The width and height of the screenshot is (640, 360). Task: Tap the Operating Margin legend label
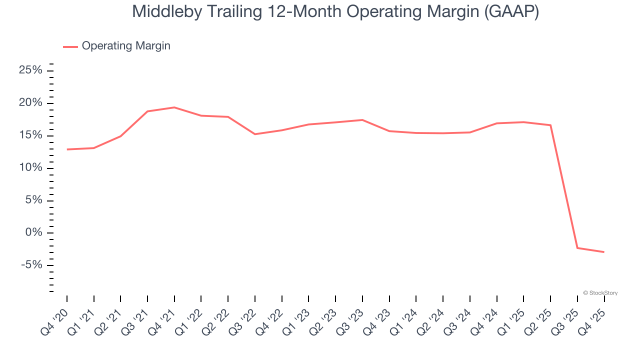tap(126, 46)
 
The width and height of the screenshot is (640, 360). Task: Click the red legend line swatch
tap(70, 46)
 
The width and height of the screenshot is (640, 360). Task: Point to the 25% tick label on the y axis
tap(30, 70)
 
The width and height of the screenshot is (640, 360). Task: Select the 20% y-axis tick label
tap(30, 103)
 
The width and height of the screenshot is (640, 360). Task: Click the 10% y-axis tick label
tap(30, 168)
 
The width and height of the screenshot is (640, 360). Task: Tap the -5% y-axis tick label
tap(31, 265)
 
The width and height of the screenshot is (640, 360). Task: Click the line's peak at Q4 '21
tap(174, 107)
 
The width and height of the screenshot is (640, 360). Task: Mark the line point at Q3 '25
tap(577, 248)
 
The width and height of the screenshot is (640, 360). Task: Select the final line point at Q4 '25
tap(604, 252)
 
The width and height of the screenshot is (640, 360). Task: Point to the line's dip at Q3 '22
tap(255, 134)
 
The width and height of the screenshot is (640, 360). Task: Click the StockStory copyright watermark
tap(600, 293)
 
